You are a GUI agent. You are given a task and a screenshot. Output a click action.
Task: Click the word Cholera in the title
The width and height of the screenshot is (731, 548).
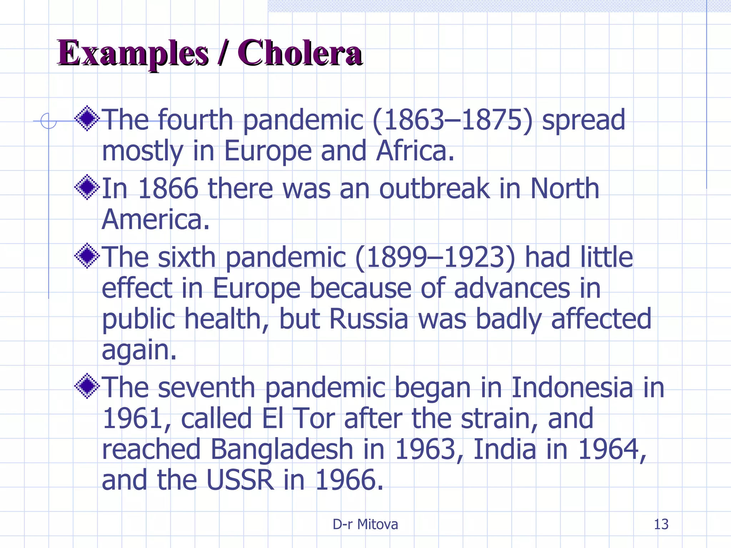300,54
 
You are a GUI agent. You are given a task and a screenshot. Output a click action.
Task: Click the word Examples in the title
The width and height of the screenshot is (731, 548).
133,54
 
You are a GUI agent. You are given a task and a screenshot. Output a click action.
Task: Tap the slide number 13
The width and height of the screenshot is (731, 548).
661,524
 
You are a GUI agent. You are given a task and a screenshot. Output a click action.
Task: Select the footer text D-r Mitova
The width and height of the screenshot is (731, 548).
365,524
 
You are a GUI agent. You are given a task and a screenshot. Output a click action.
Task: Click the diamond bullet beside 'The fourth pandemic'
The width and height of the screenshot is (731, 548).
87,118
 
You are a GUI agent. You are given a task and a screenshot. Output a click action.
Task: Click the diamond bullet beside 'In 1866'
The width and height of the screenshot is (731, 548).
87,187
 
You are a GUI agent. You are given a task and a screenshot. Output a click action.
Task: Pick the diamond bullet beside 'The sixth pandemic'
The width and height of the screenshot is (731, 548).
87,255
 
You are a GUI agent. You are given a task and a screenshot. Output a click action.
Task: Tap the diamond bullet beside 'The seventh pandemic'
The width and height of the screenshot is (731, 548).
87,386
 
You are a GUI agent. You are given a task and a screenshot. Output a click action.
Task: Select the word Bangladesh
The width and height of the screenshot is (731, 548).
282,450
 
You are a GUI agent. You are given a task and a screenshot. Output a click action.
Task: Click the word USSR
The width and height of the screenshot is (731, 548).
240,480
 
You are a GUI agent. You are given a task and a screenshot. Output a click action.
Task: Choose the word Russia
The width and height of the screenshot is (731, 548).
369,319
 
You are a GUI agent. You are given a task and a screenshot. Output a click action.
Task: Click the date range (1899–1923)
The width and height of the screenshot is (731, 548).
435,257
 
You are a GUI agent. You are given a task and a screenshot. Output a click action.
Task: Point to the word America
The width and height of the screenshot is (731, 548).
155,219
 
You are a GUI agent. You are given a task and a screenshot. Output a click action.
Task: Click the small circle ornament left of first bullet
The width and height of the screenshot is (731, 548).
48,121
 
